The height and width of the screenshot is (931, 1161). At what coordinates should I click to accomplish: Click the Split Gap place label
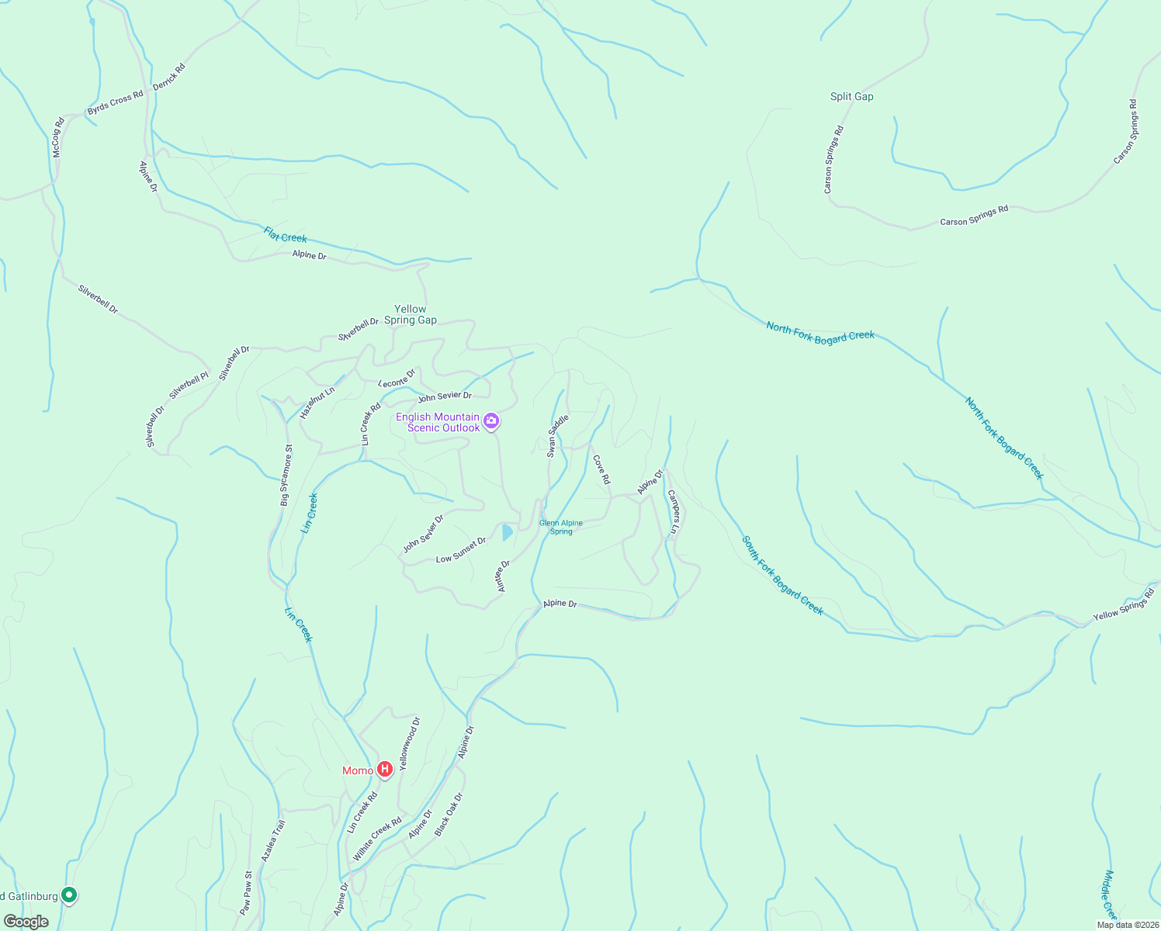851,96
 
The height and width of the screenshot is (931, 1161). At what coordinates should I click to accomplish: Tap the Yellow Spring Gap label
411,314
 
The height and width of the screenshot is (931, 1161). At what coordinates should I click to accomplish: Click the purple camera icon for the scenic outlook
490,421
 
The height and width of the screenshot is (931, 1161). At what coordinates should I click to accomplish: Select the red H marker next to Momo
384,770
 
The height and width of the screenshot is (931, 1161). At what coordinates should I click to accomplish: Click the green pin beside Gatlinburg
69,895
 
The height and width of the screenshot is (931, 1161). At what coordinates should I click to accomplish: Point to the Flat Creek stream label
286,234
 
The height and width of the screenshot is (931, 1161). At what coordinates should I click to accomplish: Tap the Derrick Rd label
169,77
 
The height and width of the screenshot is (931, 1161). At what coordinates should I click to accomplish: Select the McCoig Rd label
58,137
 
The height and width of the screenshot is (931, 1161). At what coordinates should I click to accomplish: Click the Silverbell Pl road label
189,386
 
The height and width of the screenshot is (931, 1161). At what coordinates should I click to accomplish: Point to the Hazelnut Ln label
317,403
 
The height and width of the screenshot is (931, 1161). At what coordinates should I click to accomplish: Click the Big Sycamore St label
286,476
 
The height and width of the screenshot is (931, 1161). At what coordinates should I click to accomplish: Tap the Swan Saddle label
558,435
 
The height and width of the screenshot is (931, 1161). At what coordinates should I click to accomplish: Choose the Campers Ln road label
673,511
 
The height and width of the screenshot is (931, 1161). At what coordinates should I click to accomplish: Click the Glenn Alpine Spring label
560,527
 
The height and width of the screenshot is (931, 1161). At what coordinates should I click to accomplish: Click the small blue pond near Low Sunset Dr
507,531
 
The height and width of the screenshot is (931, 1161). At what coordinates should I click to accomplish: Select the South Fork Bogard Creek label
782,575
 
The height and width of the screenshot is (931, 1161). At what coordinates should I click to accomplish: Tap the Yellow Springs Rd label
1124,604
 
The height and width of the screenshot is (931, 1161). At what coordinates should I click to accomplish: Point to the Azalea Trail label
273,841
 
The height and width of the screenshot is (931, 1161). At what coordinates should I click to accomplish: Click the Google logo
26,922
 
